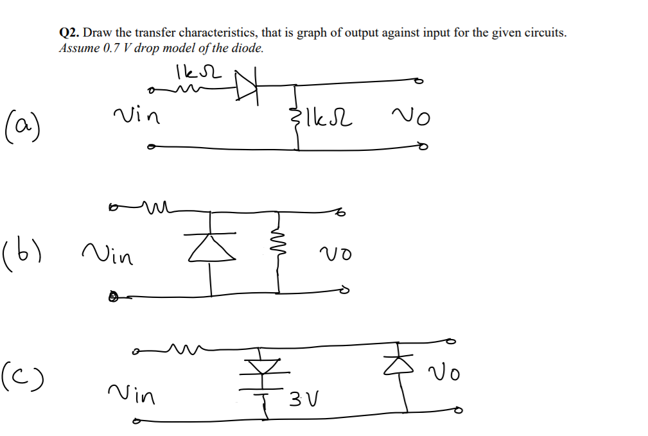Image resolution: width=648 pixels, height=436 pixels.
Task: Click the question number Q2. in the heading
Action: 69,33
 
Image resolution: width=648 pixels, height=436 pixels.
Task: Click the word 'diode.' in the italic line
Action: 247,49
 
